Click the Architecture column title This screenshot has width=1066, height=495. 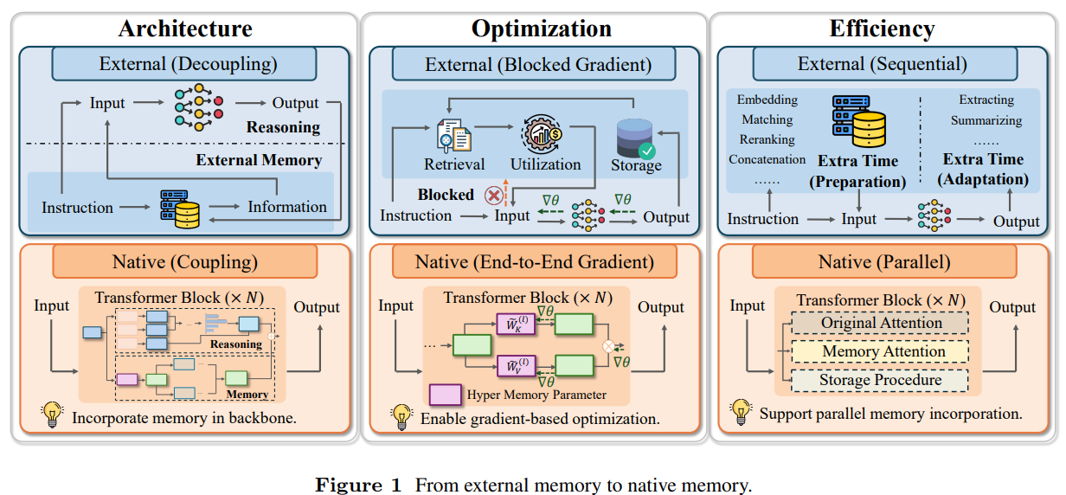coord(185,29)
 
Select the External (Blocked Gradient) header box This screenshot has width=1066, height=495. coord(534,64)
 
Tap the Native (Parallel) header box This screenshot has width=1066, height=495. coord(884,261)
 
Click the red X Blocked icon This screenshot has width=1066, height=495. coord(494,196)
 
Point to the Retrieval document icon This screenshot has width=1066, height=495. coord(454,136)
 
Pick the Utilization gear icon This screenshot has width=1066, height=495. coord(542,133)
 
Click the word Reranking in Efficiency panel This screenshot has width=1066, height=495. coord(767,139)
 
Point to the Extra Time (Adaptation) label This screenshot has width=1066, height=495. coord(983,169)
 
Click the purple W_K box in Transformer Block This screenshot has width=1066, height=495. coord(516,324)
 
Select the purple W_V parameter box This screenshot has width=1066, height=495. coord(516,365)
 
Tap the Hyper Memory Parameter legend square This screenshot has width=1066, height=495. coord(446,395)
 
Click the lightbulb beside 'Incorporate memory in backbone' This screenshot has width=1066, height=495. coord(52,415)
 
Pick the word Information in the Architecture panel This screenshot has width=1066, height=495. coord(287,207)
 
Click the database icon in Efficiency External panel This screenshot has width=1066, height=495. coord(858,121)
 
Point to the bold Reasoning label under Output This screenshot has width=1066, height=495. coord(283,127)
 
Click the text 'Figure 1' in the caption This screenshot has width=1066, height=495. coord(358,485)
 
